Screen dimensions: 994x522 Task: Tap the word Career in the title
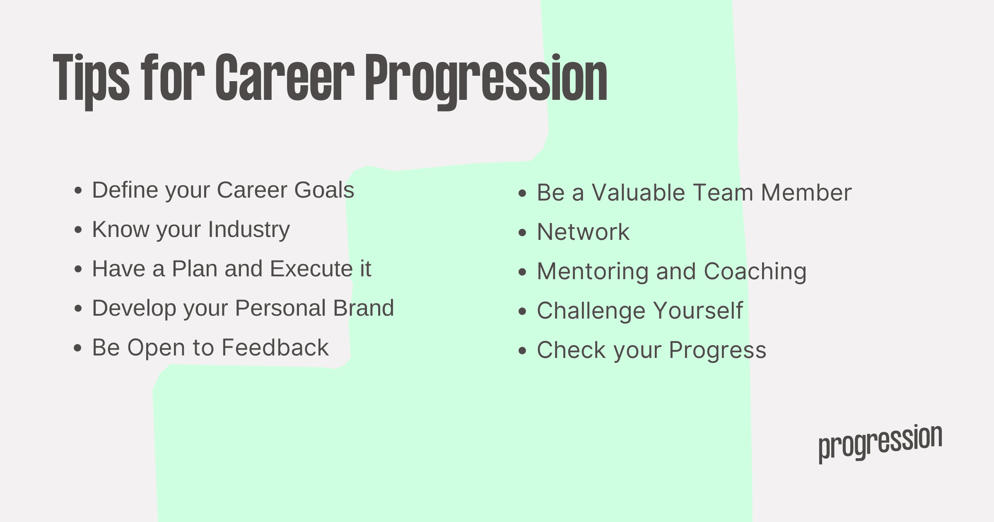click(285, 77)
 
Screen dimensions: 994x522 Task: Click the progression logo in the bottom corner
click(881, 443)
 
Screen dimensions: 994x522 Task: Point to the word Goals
click(324, 190)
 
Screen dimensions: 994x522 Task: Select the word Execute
click(311, 269)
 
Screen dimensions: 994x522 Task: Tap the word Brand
click(364, 308)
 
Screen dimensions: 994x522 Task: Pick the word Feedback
click(275, 348)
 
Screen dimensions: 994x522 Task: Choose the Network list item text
click(583, 232)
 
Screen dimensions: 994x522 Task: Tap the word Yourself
click(698, 311)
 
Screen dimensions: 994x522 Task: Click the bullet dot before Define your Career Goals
click(78, 191)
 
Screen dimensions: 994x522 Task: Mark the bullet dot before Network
click(523, 232)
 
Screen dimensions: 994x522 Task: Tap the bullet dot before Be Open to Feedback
click(78, 348)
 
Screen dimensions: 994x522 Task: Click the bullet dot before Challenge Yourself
click(523, 311)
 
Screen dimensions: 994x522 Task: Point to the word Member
click(806, 193)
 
